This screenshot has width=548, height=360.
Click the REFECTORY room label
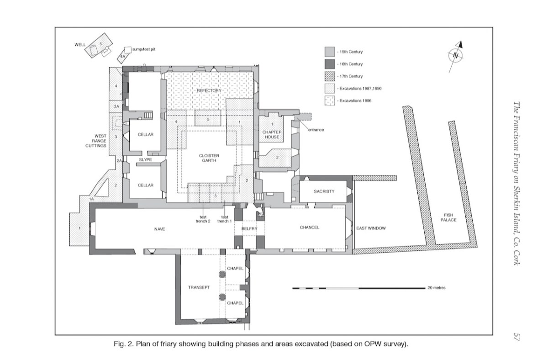209,90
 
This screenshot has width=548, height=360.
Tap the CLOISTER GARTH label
209,158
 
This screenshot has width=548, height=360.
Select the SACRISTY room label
324,191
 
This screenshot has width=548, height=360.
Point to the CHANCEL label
310,228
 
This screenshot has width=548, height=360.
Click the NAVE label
159,229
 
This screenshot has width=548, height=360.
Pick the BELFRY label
249,228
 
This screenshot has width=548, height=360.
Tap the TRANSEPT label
199,287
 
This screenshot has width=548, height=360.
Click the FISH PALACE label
448,217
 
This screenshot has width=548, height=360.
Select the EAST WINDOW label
371,228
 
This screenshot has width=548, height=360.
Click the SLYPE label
145,159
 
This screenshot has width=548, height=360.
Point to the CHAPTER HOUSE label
272,134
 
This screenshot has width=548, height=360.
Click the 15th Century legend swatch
330,52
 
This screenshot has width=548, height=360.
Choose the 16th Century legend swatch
330,64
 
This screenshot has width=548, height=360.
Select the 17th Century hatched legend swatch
330,76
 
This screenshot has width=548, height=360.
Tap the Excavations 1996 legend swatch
330,101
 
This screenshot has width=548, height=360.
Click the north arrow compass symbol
456,56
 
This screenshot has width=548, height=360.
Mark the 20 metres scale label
437,288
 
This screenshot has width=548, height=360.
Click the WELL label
80,45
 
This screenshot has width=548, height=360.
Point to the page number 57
516,337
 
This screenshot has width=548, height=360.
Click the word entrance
316,130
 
